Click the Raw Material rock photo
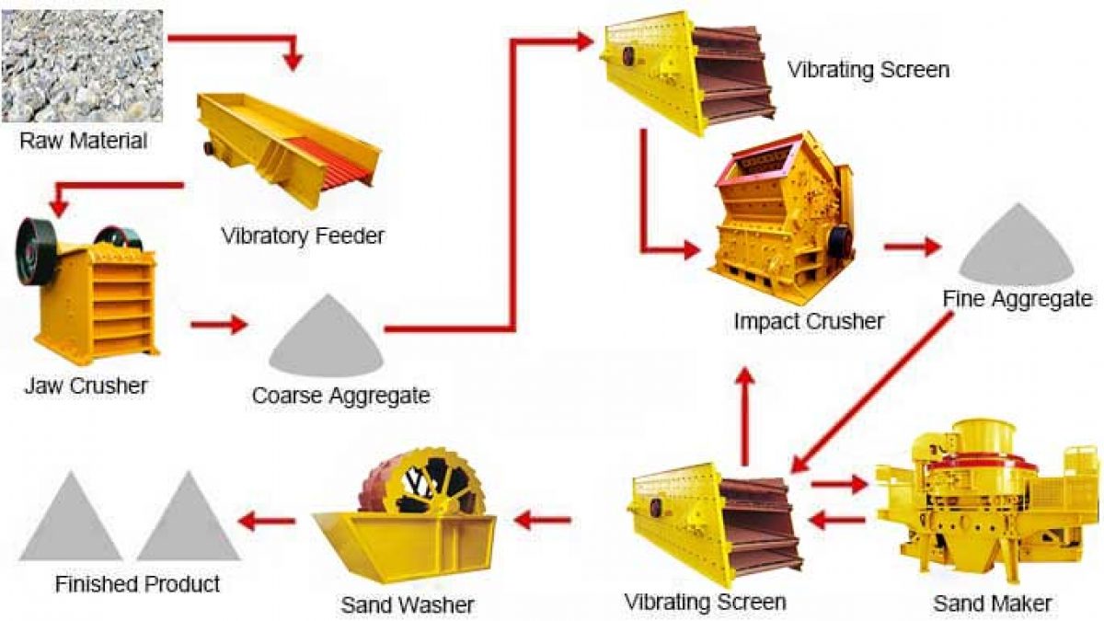82,66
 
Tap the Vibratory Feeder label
303,236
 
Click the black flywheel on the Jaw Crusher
36,259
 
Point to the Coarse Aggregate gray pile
327,336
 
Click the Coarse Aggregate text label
340,396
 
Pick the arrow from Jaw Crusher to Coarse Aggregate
219,324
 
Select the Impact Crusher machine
781,217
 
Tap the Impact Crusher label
809,321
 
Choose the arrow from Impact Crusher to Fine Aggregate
912,246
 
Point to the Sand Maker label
993,604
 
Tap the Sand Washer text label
407,604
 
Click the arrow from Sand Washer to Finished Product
267,520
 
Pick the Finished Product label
137,584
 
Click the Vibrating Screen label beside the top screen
868,70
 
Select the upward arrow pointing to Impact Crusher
747,417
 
